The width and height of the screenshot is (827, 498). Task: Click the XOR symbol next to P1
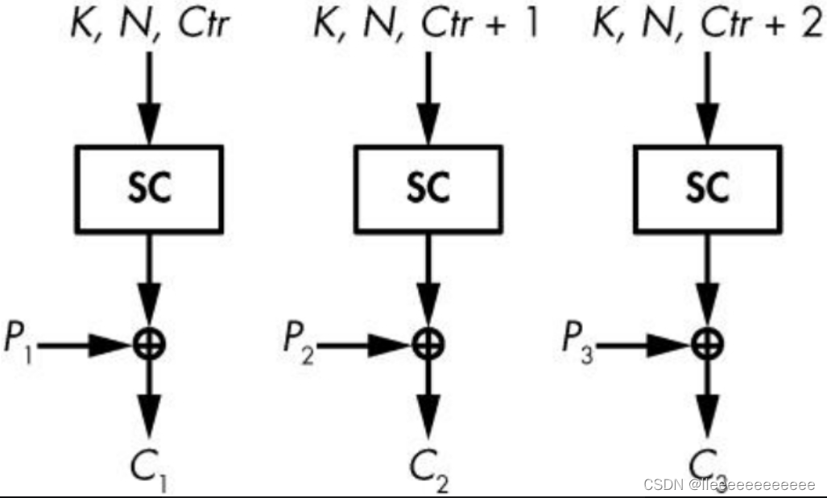(x=150, y=344)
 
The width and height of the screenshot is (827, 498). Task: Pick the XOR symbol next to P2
(x=428, y=344)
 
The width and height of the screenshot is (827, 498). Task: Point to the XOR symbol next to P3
(x=708, y=344)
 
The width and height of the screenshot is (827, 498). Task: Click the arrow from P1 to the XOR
(x=85, y=345)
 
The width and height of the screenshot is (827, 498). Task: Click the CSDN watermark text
(x=730, y=485)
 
